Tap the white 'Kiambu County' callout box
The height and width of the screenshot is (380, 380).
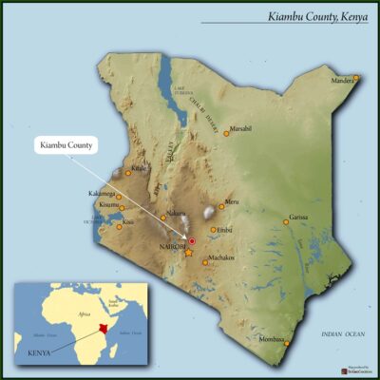(x=66, y=146)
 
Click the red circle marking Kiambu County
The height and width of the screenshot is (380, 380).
(x=191, y=242)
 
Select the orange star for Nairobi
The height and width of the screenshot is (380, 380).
(x=188, y=253)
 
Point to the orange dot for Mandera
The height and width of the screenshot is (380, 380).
(x=357, y=78)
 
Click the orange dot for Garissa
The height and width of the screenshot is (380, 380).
(x=285, y=222)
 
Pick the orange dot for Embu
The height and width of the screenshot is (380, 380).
(x=214, y=229)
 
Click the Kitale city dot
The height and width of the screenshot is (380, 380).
(x=129, y=173)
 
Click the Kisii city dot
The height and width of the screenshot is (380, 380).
(x=120, y=226)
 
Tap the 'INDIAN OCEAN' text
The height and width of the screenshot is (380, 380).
(x=343, y=334)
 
